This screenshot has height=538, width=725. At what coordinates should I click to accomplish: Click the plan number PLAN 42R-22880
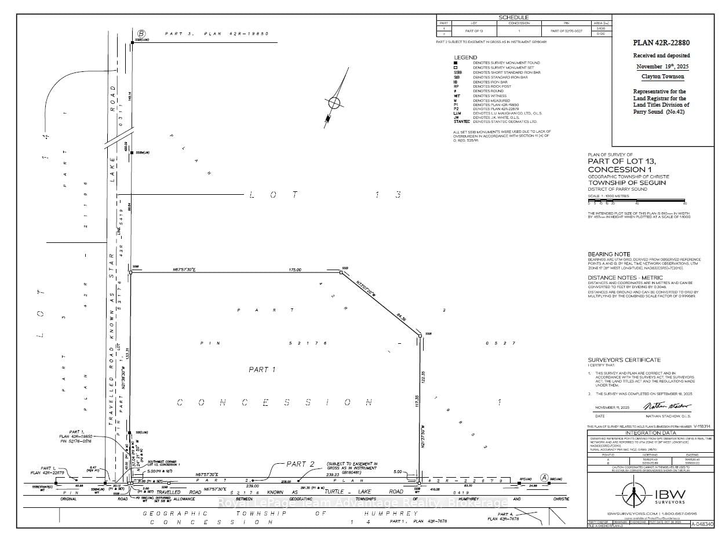point(661,43)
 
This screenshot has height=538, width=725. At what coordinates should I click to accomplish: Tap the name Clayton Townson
point(661,77)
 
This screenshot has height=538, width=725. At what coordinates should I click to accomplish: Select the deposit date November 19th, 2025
point(661,66)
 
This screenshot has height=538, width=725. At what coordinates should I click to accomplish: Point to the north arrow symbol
point(333,105)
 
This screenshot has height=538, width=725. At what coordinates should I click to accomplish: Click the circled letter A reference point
point(544,477)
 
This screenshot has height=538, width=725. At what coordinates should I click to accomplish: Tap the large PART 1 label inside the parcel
point(261,369)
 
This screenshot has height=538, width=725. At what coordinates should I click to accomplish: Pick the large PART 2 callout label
point(300,464)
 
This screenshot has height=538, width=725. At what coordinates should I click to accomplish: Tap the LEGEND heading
point(465,57)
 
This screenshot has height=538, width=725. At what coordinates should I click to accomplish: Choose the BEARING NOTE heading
point(609,255)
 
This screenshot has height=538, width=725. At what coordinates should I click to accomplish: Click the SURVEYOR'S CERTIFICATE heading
point(624,359)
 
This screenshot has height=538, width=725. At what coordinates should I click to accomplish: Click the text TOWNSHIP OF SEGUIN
point(626,183)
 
